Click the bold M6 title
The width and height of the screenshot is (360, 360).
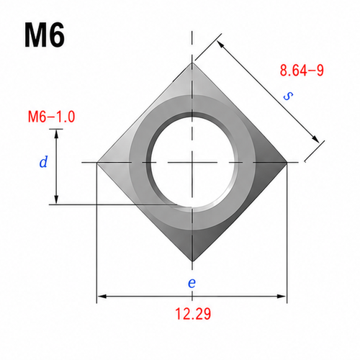(x=45, y=35)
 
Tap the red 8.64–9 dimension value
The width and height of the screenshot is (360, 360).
(x=302, y=71)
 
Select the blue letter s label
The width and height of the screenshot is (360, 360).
(x=288, y=96)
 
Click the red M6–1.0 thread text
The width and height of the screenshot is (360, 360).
(x=51, y=117)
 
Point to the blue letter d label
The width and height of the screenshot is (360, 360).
(x=43, y=161)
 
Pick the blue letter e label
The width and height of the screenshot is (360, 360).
(x=192, y=283)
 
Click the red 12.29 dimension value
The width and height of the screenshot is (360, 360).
(x=193, y=314)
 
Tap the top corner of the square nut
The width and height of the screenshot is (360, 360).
(x=192, y=63)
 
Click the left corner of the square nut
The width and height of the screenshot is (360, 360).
(x=96, y=163)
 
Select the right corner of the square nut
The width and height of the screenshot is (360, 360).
(x=287, y=163)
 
